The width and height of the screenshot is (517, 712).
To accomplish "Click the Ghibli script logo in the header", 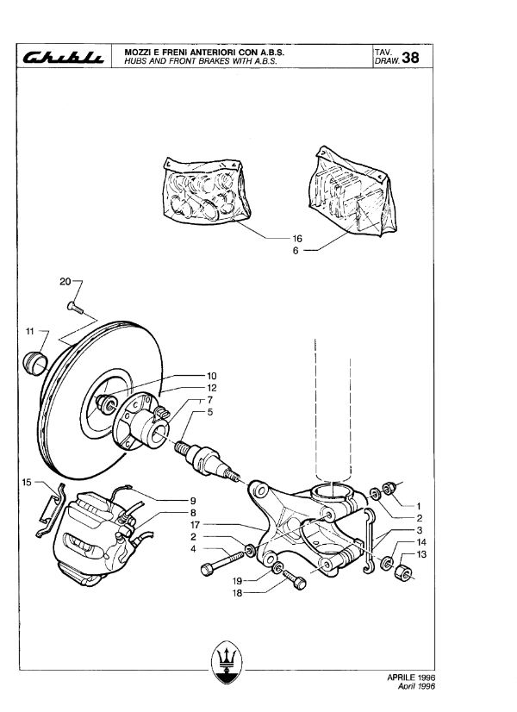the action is click(64, 56).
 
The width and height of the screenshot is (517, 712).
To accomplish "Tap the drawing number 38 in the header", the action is click(410, 57).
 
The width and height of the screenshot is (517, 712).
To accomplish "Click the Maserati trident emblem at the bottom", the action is click(227, 662).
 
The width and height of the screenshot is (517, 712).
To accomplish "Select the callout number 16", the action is click(297, 239).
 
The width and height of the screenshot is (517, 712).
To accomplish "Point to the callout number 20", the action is click(65, 282).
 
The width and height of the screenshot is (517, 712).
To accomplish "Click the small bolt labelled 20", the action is click(75, 308).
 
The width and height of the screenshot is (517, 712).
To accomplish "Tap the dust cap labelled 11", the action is click(35, 363).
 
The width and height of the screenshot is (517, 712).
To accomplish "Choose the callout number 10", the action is click(211, 376).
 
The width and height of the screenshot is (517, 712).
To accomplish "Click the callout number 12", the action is click(211, 388).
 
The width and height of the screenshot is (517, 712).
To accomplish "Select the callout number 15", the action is click(27, 482).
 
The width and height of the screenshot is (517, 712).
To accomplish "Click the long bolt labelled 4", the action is click(222, 562).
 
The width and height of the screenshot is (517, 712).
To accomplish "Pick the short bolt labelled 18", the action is click(294, 580).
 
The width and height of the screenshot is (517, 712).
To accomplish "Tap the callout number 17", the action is click(196, 525).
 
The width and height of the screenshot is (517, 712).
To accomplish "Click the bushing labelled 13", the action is click(402, 573).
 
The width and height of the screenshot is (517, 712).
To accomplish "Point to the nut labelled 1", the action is click(389, 489).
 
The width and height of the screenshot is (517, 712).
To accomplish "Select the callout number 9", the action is click(193, 501).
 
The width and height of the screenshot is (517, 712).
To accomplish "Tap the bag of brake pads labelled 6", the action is click(352, 190).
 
